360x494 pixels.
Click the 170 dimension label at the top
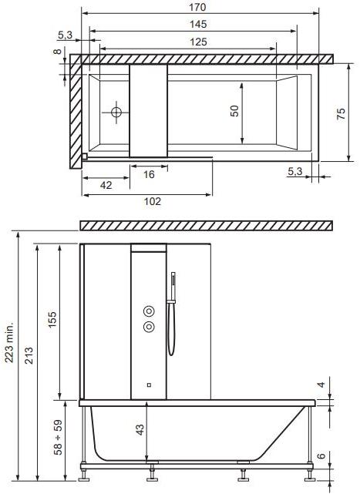[197, 7]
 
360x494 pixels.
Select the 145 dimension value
[198, 24]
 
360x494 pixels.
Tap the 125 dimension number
[198, 42]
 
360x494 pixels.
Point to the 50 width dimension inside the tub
[234, 111]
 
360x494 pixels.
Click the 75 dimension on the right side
[341, 113]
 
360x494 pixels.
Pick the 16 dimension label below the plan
[149, 174]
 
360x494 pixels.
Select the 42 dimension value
[106, 185]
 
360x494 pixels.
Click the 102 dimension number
[153, 201]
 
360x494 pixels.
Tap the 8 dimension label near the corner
[57, 51]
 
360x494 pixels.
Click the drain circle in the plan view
[116, 113]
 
